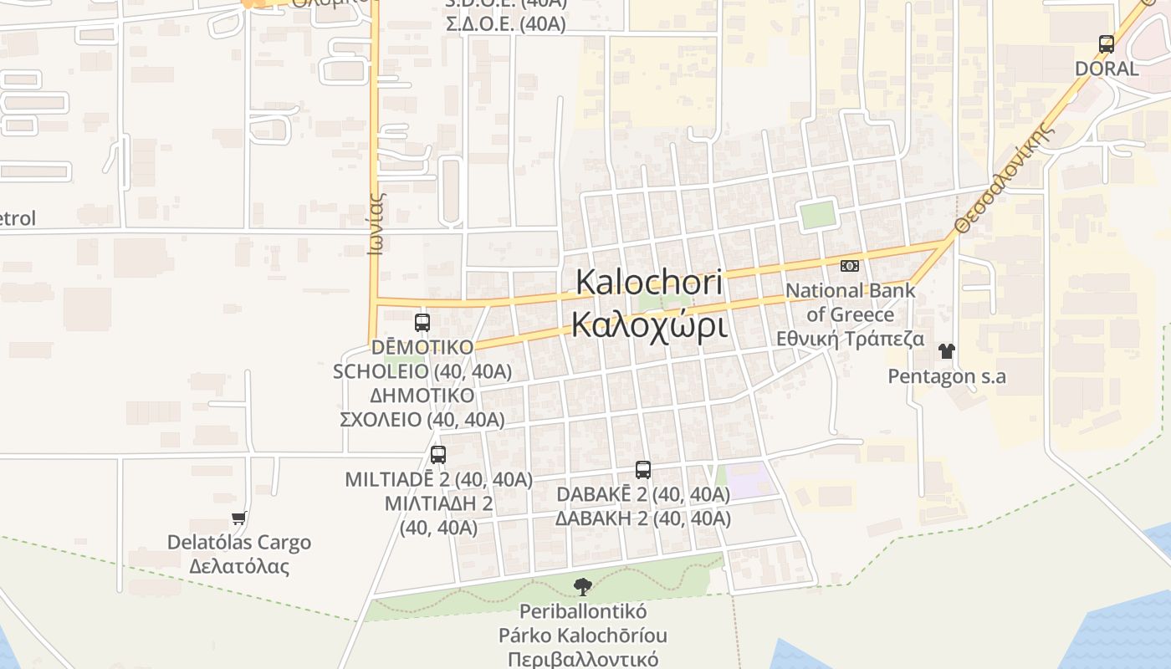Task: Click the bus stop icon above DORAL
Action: (x=1107, y=44)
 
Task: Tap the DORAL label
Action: (x=1107, y=69)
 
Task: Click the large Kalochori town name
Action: (x=649, y=282)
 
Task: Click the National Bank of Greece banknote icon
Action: (x=849, y=266)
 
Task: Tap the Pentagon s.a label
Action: (x=947, y=376)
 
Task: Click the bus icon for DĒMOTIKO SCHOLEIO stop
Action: (x=422, y=322)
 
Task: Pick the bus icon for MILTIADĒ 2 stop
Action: (x=438, y=455)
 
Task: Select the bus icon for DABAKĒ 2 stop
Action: (x=642, y=470)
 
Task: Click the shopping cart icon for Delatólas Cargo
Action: (x=239, y=518)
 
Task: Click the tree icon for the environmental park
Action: (x=583, y=587)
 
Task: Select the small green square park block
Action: (x=818, y=215)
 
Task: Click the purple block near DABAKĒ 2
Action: (x=747, y=479)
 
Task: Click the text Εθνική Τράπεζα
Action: (x=850, y=339)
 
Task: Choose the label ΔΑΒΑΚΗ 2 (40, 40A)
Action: (x=643, y=518)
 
